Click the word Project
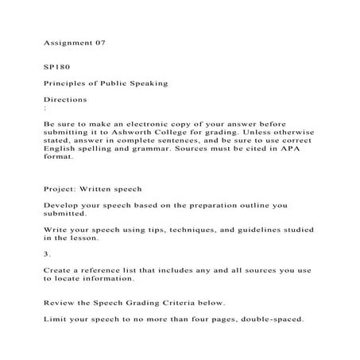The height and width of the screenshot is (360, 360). click(x=61, y=189)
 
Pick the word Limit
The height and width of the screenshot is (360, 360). click(x=56, y=320)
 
